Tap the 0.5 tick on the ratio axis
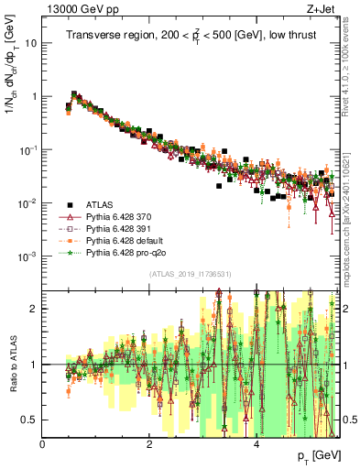tap(28, 420)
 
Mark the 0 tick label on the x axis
tap(43, 444)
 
